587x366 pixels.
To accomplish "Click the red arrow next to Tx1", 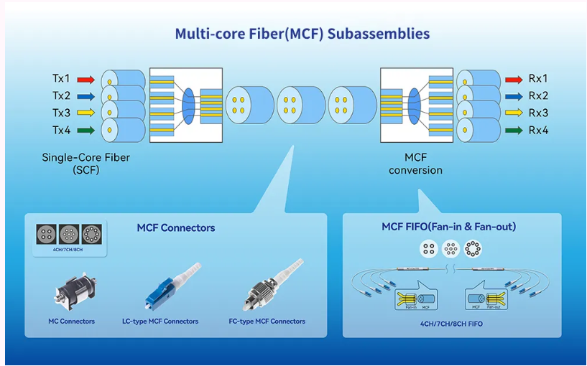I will coord(85,79).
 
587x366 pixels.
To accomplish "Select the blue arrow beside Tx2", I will coord(85,95).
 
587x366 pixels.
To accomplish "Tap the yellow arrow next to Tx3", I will coord(85,113).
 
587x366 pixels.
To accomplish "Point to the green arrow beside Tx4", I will coord(85,130).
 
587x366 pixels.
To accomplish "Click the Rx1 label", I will coord(538,79).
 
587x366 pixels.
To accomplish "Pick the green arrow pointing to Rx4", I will coord(513,130).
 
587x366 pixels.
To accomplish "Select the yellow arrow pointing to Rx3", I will coord(513,113).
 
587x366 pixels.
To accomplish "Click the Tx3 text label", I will coord(61,113).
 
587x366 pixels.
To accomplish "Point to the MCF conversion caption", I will coord(415,164).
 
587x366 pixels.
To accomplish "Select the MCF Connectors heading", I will coord(176,228).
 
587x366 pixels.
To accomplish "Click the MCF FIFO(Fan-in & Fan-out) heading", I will coord(448,227).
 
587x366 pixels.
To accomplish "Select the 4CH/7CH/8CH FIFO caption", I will coord(451,324).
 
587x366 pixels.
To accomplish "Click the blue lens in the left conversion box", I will coord(189,105).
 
